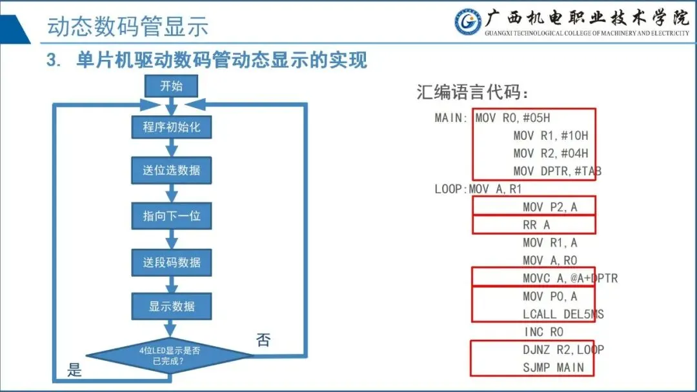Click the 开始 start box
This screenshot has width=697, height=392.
click(x=171, y=86)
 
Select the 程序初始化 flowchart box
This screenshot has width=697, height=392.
click(x=172, y=127)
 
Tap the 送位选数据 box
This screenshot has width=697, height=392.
click(x=172, y=171)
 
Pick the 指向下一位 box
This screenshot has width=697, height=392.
click(x=172, y=216)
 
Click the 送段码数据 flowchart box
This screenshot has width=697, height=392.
click(x=172, y=262)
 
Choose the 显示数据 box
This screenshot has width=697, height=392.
click(x=172, y=306)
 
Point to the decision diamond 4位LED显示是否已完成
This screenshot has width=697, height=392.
click(x=172, y=356)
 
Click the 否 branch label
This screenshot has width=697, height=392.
click(x=263, y=340)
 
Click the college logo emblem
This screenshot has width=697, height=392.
click(x=468, y=22)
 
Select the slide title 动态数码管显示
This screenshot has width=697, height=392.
click(x=128, y=27)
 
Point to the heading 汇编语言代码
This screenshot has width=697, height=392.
click(x=472, y=93)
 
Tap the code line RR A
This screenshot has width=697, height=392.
click(x=536, y=225)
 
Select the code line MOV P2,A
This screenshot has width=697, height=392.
click(x=550, y=207)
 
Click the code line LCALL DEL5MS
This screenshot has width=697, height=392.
click(x=563, y=314)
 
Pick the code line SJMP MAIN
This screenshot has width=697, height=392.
click(x=554, y=367)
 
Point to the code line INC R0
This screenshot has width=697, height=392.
click(x=543, y=332)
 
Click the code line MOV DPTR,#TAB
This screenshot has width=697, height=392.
click(x=558, y=171)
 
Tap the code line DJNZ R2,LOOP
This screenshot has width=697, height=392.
click(x=563, y=349)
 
